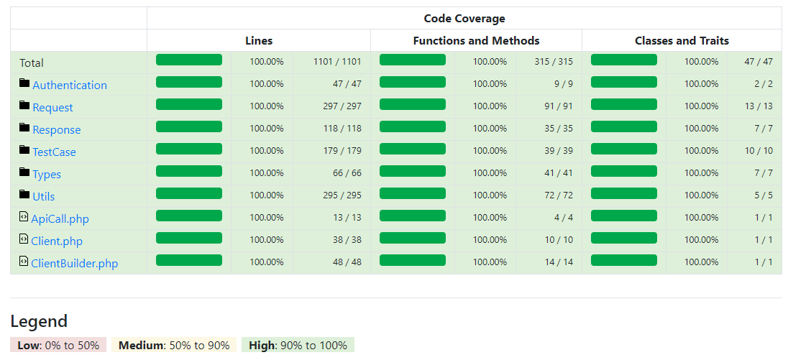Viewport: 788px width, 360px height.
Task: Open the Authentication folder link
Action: coord(70,86)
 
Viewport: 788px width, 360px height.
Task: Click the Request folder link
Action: coord(52,108)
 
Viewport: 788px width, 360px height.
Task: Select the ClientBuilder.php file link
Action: coord(74,264)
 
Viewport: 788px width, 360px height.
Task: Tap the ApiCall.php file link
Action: coord(60,219)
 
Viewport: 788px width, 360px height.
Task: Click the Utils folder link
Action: coord(44,196)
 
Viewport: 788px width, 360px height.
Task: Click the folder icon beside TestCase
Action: coord(24,149)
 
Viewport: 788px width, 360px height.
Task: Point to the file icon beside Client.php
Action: coord(23,239)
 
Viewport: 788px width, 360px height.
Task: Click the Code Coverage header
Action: coord(464,19)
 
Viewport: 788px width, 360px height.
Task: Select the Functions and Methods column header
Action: coord(477,41)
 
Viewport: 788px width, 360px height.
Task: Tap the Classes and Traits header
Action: coord(682,41)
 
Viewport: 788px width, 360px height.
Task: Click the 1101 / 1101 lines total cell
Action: coord(337,62)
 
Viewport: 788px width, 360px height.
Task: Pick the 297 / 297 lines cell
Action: coord(342,106)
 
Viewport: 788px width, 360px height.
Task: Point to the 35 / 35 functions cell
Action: coord(559,128)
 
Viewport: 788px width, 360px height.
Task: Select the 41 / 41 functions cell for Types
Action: coord(559,172)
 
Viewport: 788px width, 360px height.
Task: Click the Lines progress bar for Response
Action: coord(189,126)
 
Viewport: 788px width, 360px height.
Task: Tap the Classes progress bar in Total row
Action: coord(623,60)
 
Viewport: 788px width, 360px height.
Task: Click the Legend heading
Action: coord(39,321)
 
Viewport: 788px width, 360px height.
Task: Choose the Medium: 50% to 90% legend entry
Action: coord(174,346)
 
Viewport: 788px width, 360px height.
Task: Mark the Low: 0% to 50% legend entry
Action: coord(58,346)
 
